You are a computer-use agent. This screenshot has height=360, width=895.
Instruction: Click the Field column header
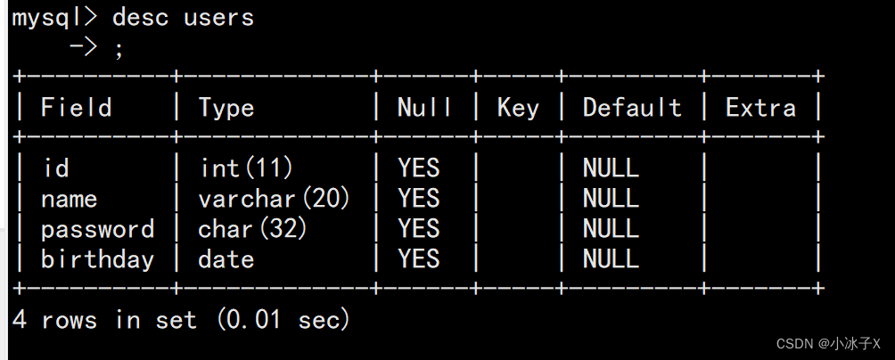77,108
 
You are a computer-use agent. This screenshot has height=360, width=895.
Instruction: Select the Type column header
226,108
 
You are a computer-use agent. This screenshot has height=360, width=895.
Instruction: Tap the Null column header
424,108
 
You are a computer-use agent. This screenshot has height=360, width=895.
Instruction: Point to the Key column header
518,108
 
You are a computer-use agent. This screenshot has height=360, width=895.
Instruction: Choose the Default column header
632,108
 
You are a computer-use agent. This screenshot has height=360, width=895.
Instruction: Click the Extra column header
760,108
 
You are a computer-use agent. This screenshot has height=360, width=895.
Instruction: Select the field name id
56,168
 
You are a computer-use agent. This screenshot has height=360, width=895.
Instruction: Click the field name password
97,229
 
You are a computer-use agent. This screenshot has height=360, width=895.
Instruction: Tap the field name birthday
97,259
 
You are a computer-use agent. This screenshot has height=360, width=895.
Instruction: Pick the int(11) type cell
246,168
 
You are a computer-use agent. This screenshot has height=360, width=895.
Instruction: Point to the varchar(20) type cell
275,198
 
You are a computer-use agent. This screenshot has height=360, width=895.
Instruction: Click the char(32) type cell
253,229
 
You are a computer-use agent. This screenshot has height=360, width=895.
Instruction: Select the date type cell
226,259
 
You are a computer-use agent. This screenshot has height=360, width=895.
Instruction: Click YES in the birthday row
419,259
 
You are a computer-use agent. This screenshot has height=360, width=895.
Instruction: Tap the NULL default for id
611,168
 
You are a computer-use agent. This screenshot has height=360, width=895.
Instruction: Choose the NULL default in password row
611,229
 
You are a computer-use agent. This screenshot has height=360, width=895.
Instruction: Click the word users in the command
218,18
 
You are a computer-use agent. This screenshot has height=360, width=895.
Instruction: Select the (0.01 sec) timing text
283,320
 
